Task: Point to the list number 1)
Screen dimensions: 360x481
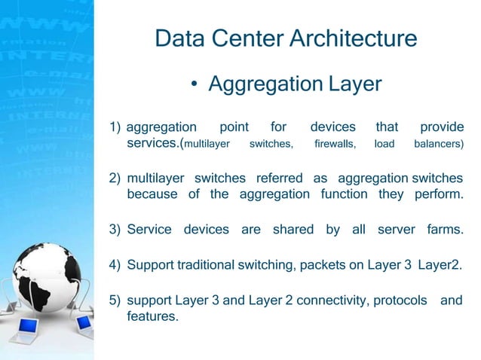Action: (115, 127)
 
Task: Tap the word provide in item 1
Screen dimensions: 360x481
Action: (441, 127)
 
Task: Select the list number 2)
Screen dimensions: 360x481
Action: (115, 178)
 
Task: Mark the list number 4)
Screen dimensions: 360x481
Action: (115, 265)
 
